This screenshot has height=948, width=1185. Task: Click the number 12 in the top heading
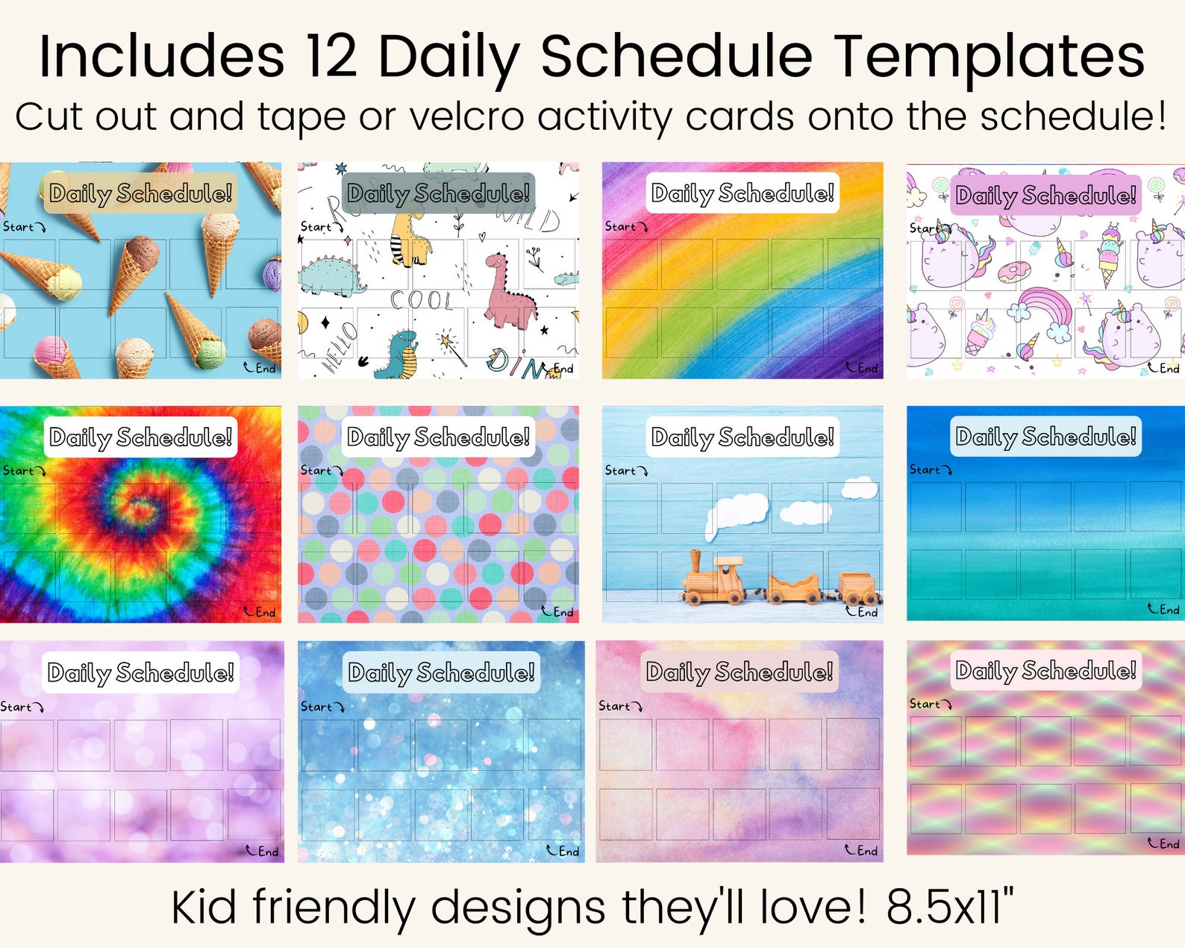coord(330,57)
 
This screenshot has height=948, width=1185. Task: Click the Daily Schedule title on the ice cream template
coord(140,193)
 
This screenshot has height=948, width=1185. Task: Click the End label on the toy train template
coord(866,612)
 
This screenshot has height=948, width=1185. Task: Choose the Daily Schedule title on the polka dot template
coord(438,437)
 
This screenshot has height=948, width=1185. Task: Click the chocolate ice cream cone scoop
coord(142,250)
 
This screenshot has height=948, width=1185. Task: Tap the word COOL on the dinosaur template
coord(422,300)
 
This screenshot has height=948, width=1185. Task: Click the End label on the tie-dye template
coord(264,612)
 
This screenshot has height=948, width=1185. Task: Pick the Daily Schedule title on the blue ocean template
coord(1045,437)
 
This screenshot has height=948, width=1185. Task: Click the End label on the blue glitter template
coord(567,851)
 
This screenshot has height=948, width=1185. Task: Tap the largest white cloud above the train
coord(737,511)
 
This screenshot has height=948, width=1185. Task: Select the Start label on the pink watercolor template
coord(616,706)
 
